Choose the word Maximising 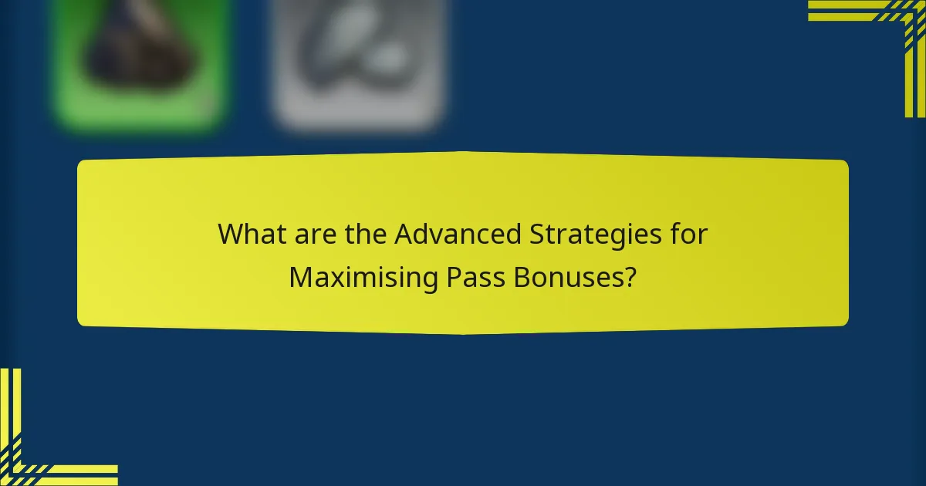pos(363,278)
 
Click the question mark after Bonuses pos(630,278)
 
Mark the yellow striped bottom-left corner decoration pos(39,447)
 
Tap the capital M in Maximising pos(299,278)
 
